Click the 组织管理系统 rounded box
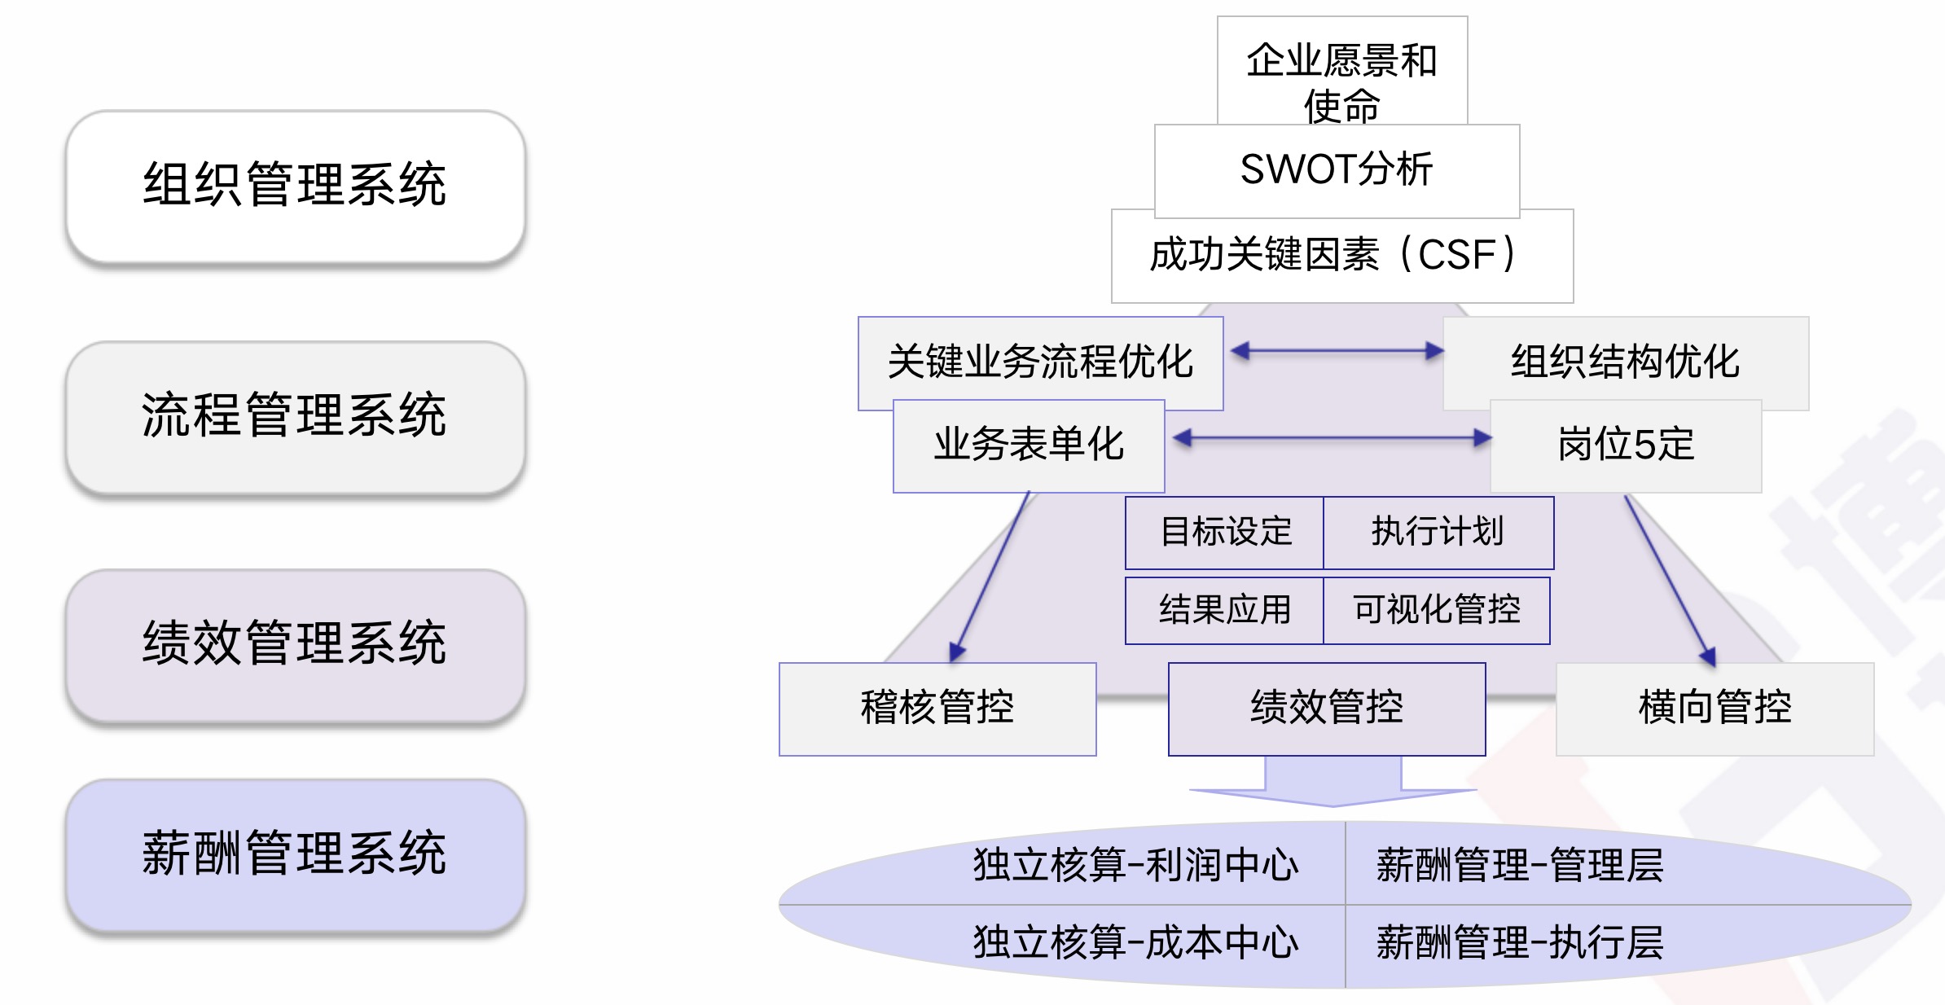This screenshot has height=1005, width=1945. pyautogui.click(x=295, y=186)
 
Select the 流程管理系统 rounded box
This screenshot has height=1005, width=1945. pyautogui.click(x=295, y=416)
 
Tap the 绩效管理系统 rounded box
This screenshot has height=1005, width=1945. pyautogui.click(x=295, y=644)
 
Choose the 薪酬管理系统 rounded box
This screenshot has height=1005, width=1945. pyautogui.click(x=295, y=855)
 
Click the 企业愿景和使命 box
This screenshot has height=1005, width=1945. pyautogui.click(x=1341, y=69)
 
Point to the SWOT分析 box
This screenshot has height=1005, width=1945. pyautogui.click(x=1337, y=170)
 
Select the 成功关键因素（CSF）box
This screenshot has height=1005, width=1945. pyautogui.click(x=1341, y=256)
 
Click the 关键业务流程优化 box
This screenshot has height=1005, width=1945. pyautogui.click(x=1040, y=362)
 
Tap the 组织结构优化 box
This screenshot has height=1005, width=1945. pyautogui.click(x=1625, y=362)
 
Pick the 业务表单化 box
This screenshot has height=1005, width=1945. pyautogui.click(x=1029, y=445)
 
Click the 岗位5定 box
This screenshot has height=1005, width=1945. pyautogui.click(x=1626, y=445)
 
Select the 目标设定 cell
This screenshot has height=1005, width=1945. pyautogui.click(x=1225, y=533)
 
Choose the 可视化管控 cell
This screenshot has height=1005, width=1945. pyautogui.click(x=1436, y=610)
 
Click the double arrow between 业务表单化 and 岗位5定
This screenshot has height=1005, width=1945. pyautogui.click(x=1332, y=438)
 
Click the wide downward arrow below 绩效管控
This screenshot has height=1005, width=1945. pyautogui.click(x=1333, y=782)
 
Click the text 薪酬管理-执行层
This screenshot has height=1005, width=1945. pyautogui.click(x=1520, y=943)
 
